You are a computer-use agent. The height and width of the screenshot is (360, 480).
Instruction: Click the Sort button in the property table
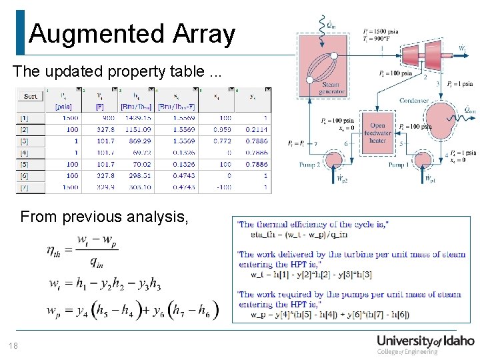31,96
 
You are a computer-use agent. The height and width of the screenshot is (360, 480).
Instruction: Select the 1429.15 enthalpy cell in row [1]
139,118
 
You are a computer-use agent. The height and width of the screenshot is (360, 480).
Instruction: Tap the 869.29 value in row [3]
139,141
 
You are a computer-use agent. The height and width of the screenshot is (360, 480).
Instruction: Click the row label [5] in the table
24,164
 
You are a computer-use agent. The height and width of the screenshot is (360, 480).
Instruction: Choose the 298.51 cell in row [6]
139,176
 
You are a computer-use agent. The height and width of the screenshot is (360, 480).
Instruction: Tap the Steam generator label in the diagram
331,89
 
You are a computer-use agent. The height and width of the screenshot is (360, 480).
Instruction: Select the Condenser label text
415,101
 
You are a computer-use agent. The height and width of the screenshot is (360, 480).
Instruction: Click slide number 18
14,345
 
